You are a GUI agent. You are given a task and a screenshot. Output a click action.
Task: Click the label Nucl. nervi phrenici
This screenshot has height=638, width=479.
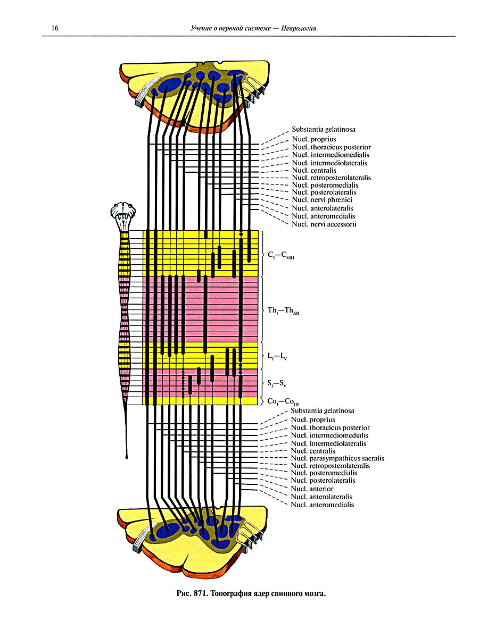pyautogui.click(x=321, y=200)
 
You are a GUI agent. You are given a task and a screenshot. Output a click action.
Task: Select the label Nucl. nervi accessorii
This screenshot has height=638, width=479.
pyautogui.click(x=324, y=224)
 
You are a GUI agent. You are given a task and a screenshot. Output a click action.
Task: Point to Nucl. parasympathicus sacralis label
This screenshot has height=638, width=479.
pyautogui.click(x=337, y=458)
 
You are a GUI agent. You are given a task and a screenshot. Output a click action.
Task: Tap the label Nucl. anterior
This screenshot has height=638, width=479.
pyautogui.click(x=312, y=489)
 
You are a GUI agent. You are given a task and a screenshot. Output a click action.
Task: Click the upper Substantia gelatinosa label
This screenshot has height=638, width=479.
pyautogui.click(x=324, y=129)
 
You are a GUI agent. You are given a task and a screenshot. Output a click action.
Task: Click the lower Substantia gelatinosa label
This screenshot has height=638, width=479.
pyautogui.click(x=323, y=410)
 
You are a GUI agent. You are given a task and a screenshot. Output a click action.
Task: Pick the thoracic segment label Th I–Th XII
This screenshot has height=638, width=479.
pyautogui.click(x=285, y=311)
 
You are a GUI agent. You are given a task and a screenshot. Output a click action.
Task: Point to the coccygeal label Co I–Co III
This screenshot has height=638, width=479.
pyautogui.click(x=283, y=402)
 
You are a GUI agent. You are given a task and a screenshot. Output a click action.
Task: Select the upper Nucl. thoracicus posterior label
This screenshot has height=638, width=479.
pyautogui.click(x=331, y=147)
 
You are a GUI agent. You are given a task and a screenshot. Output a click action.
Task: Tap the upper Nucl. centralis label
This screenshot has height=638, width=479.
pyautogui.click(x=313, y=170)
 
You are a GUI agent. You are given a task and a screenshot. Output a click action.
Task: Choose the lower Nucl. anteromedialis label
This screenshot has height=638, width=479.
pyautogui.click(x=322, y=505)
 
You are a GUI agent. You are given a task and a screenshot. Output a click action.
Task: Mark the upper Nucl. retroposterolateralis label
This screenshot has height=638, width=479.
pyautogui.click(x=331, y=178)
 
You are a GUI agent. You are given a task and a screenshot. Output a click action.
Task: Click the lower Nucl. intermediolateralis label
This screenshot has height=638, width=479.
pyautogui.click(x=328, y=443)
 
